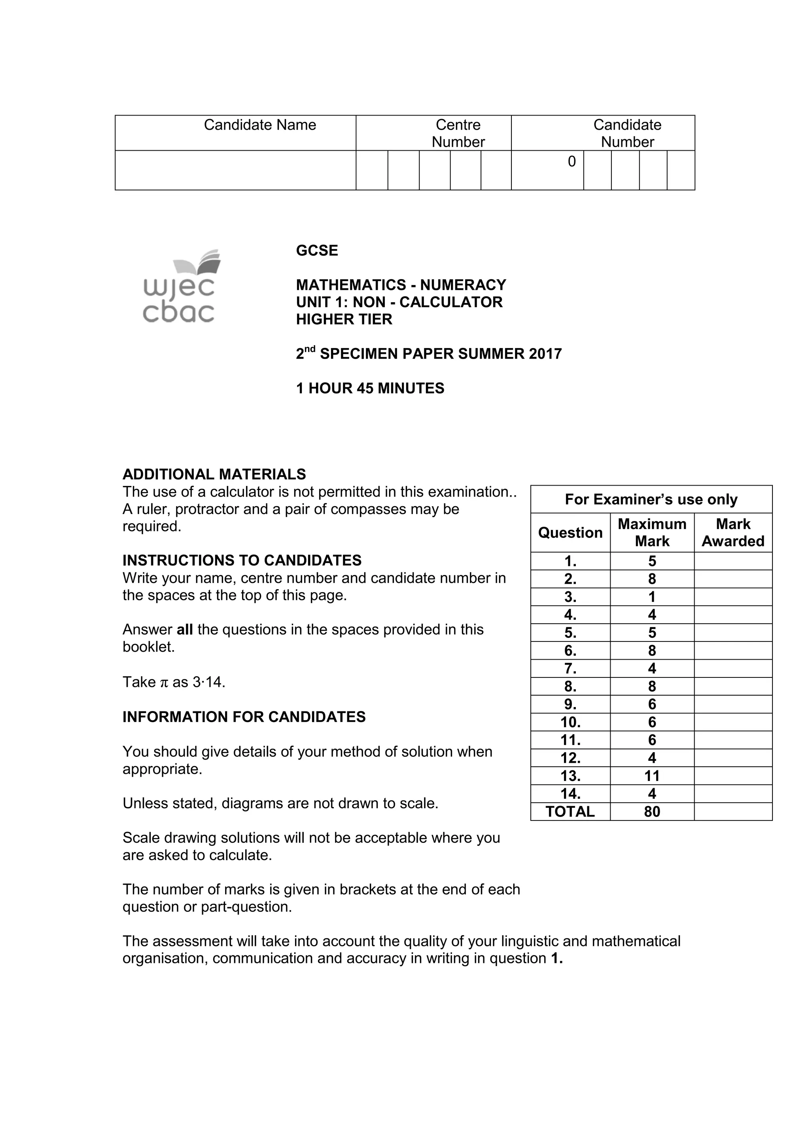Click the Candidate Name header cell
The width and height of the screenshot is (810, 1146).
[x=259, y=125]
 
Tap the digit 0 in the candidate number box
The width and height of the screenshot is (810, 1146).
[x=572, y=162]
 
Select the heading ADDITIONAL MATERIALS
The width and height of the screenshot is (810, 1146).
[x=214, y=474]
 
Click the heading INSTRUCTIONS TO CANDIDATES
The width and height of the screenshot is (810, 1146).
[x=242, y=560]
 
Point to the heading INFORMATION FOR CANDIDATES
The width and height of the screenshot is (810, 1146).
[x=244, y=717]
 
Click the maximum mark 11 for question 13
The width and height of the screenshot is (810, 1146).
[x=652, y=775]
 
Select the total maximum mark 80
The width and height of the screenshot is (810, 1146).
[x=652, y=811]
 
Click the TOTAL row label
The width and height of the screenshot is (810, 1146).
[x=570, y=811]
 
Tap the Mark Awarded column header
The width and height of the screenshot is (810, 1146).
[x=732, y=533]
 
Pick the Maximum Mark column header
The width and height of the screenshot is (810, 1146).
[x=652, y=533]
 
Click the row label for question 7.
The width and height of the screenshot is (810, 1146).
[x=570, y=668]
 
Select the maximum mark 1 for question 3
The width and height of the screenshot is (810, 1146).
[x=652, y=597]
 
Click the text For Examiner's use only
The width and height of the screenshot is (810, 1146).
[x=651, y=499]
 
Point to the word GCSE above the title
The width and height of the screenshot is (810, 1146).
[x=317, y=251]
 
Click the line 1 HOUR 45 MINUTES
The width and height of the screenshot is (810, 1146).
[x=370, y=388]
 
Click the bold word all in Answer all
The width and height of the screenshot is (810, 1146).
[x=185, y=630]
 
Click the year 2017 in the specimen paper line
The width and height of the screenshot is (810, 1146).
[x=545, y=354]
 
